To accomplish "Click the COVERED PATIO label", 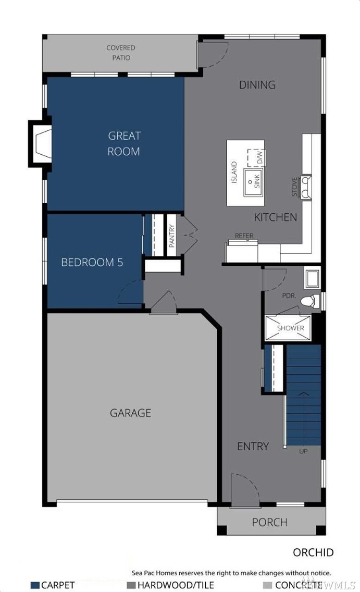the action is click(x=121, y=53).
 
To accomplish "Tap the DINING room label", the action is click(x=257, y=84).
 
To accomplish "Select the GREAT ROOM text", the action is click(x=124, y=143).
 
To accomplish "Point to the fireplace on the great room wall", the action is click(x=40, y=143).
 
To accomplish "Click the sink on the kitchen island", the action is click(x=253, y=182).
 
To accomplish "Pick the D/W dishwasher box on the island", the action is click(x=257, y=157).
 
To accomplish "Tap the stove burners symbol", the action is click(x=306, y=187).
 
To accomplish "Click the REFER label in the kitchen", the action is click(x=244, y=236).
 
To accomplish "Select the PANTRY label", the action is click(x=172, y=236).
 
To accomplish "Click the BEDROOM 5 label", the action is click(x=92, y=263).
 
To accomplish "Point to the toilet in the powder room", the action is click(x=308, y=301).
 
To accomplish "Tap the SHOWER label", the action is click(x=291, y=328).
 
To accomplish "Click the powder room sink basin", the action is click(x=312, y=279).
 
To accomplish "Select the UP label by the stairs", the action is click(x=303, y=451).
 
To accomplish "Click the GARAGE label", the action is click(x=131, y=413).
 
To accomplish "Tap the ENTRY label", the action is click(x=253, y=446).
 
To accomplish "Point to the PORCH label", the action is click(x=270, y=522).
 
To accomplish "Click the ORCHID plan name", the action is click(x=313, y=552).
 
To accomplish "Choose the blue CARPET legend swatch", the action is click(x=35, y=585).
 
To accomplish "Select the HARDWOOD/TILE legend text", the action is click(x=176, y=585).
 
